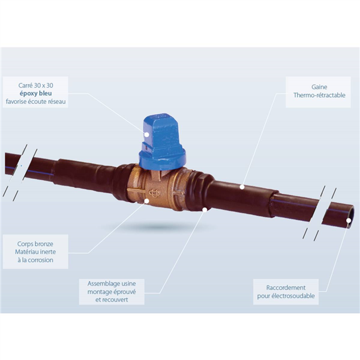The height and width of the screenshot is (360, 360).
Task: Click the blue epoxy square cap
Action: (x=162, y=142)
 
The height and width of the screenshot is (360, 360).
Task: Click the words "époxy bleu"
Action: (x=35, y=94)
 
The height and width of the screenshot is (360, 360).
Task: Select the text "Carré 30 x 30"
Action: (x=35, y=85)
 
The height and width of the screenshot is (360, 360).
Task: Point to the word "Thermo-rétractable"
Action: (x=319, y=95)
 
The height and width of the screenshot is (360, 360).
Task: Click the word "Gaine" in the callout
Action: (x=319, y=87)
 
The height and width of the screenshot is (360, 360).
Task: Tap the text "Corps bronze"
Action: (x=35, y=244)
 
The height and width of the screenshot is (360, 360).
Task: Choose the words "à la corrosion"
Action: (x=35, y=260)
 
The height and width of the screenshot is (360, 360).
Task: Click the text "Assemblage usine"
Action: (x=112, y=284)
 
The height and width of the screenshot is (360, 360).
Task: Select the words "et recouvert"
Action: (x=112, y=300)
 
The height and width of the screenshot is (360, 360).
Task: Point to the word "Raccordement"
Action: (x=286, y=287)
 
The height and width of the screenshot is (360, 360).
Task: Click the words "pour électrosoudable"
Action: (x=286, y=296)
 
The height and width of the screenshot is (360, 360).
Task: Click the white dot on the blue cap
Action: (x=146, y=134)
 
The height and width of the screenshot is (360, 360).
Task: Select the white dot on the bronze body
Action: (x=146, y=200)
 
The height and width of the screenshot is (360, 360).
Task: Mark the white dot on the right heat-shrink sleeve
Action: (x=242, y=187)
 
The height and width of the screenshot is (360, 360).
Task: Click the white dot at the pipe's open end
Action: (x=349, y=220)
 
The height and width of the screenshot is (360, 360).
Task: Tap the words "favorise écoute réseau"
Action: (x=35, y=102)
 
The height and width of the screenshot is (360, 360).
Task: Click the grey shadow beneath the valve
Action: (x=158, y=227)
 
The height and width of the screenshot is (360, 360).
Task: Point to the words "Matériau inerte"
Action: (x=35, y=252)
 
